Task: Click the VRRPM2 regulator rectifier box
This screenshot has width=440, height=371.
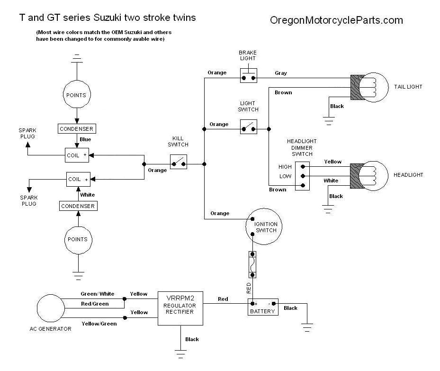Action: click(x=180, y=308)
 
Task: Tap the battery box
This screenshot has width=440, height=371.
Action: click(x=262, y=307)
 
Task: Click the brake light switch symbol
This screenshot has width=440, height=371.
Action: click(x=248, y=76)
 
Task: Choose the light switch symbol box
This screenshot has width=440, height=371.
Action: click(x=248, y=127)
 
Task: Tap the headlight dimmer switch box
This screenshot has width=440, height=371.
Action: click(x=302, y=176)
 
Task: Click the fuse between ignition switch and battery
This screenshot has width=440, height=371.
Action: click(x=253, y=264)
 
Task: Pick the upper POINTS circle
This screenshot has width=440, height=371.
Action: click(x=76, y=95)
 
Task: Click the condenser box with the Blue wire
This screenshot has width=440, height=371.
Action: click(x=76, y=128)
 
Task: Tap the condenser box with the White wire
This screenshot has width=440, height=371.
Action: click(x=78, y=206)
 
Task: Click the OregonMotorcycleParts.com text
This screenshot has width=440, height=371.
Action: click(x=336, y=20)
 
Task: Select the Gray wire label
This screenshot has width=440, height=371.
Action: click(x=281, y=73)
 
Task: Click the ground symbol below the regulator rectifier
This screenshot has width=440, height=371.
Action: click(x=180, y=352)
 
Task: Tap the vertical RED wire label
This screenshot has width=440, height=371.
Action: click(x=249, y=288)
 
